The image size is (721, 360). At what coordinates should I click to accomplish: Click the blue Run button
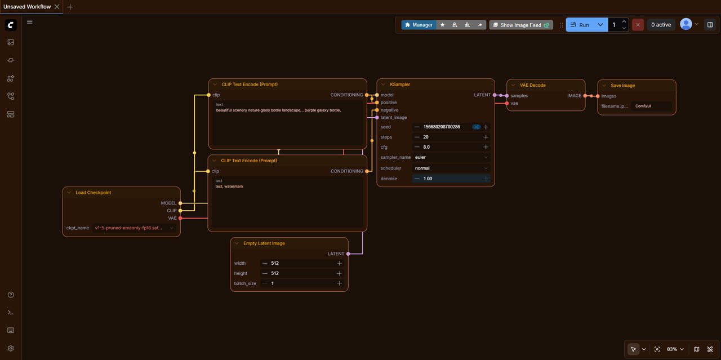[x=580, y=25]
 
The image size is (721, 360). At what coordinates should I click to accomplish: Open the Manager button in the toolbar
[x=419, y=25]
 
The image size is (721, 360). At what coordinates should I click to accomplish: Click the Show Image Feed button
[x=521, y=25]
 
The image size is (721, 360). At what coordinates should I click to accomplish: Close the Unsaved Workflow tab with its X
[x=57, y=7]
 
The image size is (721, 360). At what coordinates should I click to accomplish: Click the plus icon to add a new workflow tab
[x=70, y=7]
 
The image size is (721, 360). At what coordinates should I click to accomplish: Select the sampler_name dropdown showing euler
[x=451, y=157]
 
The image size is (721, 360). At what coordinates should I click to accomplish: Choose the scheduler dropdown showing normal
[x=451, y=168]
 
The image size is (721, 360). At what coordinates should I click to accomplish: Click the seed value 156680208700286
[x=442, y=127]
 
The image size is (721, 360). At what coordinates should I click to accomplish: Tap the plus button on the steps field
[x=486, y=137]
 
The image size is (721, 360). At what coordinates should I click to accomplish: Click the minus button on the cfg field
[x=417, y=147]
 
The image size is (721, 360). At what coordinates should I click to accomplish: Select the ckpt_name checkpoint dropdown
[x=134, y=228]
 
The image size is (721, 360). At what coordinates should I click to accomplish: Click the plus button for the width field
[x=339, y=264]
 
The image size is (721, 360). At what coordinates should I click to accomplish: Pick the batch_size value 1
[x=272, y=283]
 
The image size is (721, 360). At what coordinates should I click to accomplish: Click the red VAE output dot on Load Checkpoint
[x=181, y=219]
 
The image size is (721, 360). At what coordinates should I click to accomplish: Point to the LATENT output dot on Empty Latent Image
[x=348, y=254]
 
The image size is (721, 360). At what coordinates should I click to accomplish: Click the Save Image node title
[x=622, y=86]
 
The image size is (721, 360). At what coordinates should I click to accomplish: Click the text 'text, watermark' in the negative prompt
[x=229, y=186]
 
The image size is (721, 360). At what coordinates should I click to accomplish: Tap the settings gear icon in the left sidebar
[x=11, y=348]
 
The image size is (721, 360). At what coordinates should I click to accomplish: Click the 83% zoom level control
[x=675, y=349]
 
